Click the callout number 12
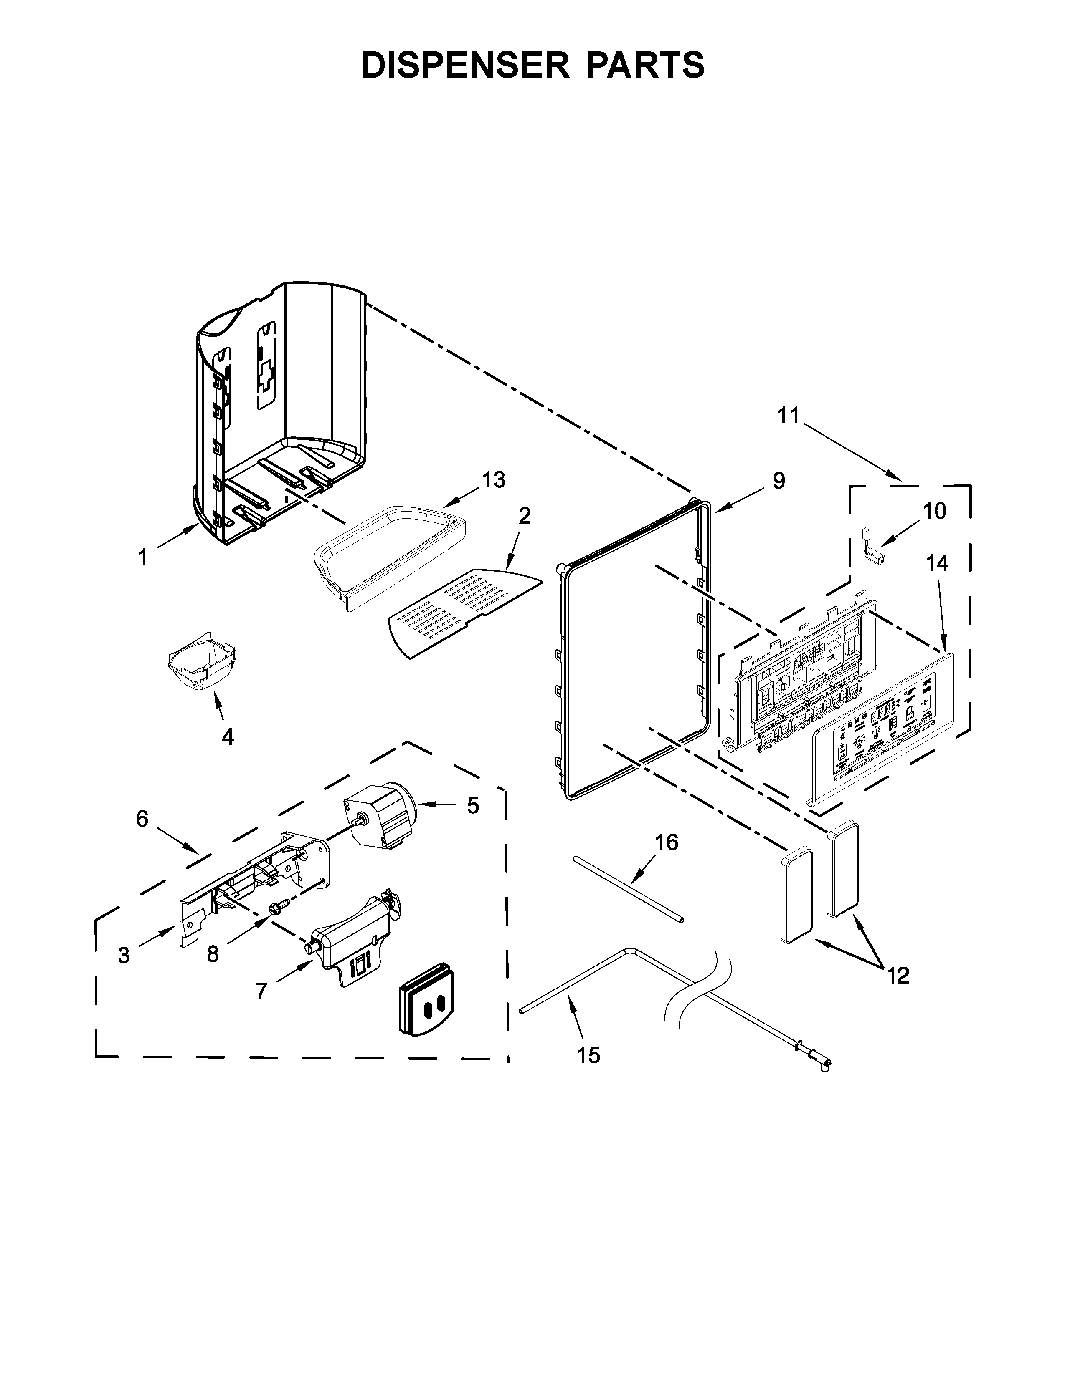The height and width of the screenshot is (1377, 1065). [898, 976]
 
